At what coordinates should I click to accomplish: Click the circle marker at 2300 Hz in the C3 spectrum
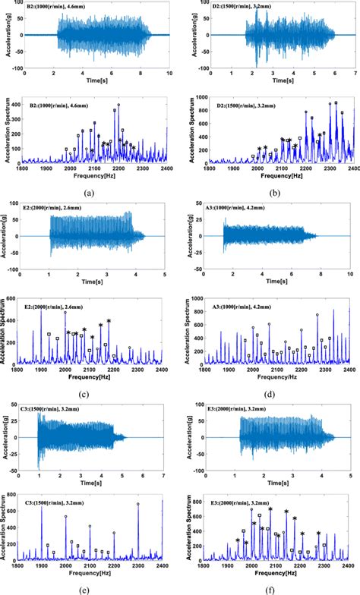[138, 504]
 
